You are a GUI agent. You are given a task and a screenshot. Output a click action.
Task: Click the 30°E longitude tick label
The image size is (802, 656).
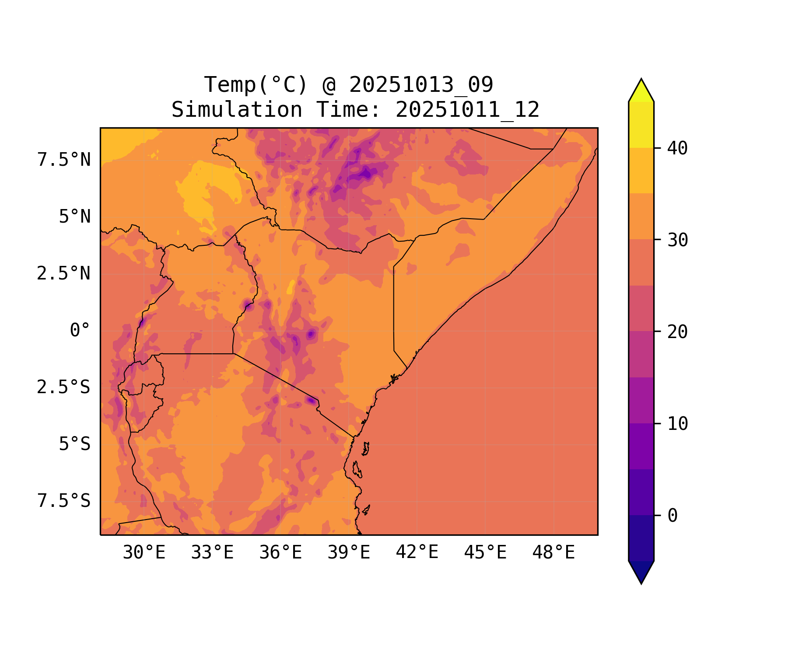click(x=144, y=553)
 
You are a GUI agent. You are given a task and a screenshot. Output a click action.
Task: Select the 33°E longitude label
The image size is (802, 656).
click(x=212, y=553)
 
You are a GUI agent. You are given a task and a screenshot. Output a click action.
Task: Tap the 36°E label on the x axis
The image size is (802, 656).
click(x=280, y=553)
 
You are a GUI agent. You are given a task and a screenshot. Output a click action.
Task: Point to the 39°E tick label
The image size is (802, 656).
click(x=349, y=553)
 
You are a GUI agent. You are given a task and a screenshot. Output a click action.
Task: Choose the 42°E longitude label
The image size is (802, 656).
click(x=417, y=553)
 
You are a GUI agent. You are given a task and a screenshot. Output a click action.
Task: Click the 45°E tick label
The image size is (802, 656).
click(x=485, y=553)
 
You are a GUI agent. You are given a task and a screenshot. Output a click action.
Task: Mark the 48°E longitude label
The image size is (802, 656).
click(x=553, y=553)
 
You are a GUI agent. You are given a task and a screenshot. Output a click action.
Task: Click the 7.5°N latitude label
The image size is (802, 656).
click(x=64, y=160)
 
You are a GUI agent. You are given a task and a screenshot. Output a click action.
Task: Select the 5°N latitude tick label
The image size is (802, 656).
click(x=75, y=217)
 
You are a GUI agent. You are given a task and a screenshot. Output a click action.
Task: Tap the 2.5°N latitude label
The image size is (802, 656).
click(x=64, y=274)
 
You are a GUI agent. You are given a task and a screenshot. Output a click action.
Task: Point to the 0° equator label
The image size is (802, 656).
click(x=80, y=331)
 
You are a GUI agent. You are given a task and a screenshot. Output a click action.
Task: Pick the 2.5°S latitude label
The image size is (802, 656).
click(x=64, y=387)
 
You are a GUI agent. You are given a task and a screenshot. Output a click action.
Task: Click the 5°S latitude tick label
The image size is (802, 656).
click(x=75, y=444)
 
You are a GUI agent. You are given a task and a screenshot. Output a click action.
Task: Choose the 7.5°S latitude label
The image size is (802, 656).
click(x=64, y=501)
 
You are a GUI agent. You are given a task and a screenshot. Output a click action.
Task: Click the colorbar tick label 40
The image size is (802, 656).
click(x=677, y=148)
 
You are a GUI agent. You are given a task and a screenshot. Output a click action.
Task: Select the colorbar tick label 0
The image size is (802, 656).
click(x=672, y=516)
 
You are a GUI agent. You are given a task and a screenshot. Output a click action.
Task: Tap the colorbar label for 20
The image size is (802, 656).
click(x=677, y=332)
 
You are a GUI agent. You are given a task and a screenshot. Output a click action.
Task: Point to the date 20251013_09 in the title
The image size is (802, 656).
click(x=421, y=85)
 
